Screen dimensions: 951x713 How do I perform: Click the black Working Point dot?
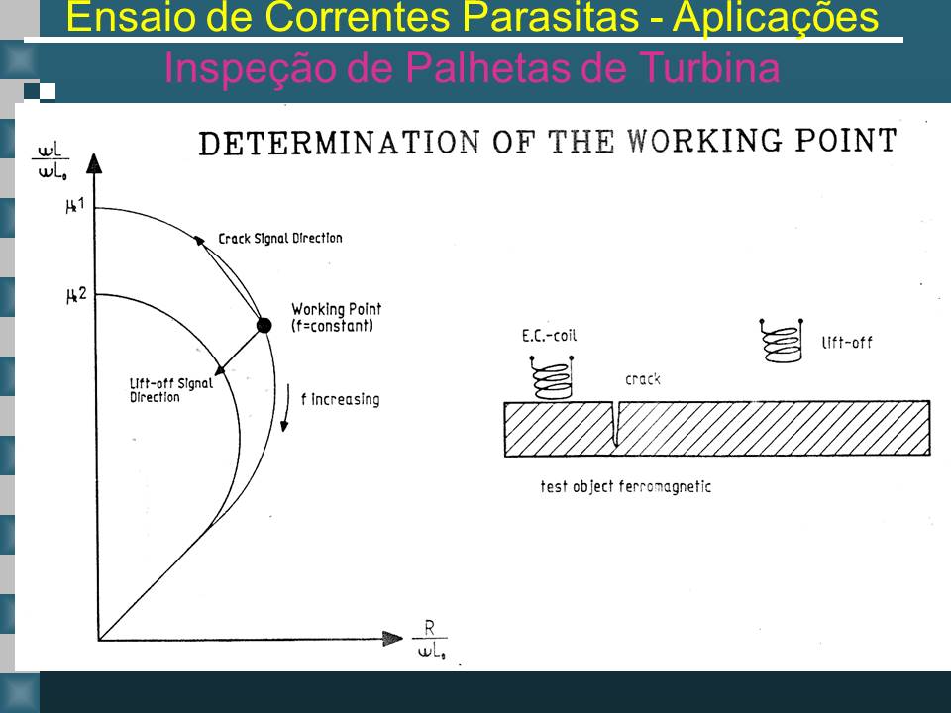pyautogui.click(x=264, y=325)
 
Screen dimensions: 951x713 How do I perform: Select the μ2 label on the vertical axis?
pyautogui.click(x=76, y=295)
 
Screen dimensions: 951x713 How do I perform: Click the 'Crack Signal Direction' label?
pyautogui.click(x=280, y=239)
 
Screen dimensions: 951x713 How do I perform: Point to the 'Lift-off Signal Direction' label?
pyautogui.click(x=171, y=390)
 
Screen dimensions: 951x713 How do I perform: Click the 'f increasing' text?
pyautogui.click(x=340, y=399)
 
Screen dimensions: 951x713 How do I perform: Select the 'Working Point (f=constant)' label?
pyautogui.click(x=336, y=317)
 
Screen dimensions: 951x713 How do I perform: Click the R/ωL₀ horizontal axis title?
pyautogui.click(x=430, y=639)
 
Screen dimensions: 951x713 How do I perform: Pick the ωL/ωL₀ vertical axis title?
pyautogui.click(x=51, y=160)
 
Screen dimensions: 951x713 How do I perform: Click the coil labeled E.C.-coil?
pyautogui.click(x=552, y=377)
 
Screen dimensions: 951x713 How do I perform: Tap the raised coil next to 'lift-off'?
pyautogui.click(x=782, y=340)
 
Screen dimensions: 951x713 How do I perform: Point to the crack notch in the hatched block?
pyautogui.click(x=615, y=423)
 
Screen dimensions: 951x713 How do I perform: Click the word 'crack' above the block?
pyautogui.click(x=642, y=379)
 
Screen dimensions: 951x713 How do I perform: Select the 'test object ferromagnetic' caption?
pyautogui.click(x=625, y=486)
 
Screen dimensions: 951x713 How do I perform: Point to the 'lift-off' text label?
pyautogui.click(x=847, y=343)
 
